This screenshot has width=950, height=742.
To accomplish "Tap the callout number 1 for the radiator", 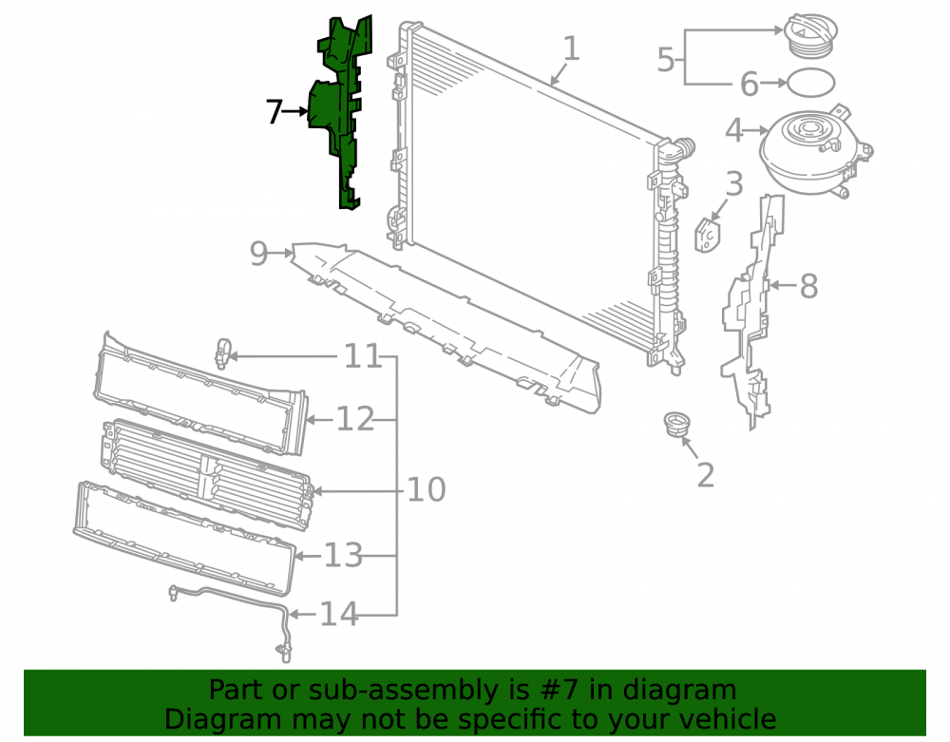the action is [x=571, y=48].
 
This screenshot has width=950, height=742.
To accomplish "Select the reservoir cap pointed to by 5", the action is [x=810, y=35].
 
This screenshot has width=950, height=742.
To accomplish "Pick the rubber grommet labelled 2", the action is [x=676, y=424].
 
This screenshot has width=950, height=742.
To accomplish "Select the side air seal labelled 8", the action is [x=752, y=312].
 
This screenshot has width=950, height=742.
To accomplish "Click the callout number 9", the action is [x=258, y=254].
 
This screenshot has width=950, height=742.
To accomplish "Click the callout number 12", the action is [x=355, y=419].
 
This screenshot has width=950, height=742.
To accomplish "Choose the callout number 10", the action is [x=427, y=489].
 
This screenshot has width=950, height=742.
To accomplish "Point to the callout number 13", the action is [x=344, y=555].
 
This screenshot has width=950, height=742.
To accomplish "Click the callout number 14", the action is [x=339, y=614].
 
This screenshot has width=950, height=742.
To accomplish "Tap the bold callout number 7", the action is [x=275, y=111].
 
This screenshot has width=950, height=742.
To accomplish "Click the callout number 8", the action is [x=808, y=286].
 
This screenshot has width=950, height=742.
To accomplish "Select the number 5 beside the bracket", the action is [x=666, y=60].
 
